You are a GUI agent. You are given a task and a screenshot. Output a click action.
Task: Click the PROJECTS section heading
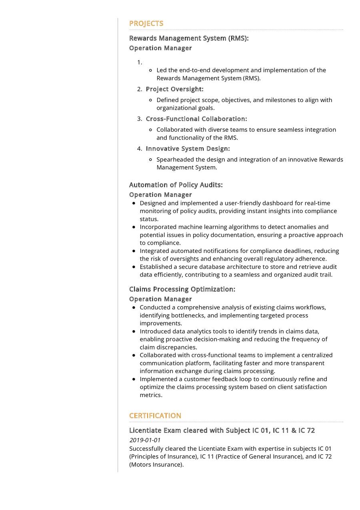point(146,24)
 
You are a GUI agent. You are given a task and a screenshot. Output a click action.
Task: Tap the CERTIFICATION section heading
point(155,416)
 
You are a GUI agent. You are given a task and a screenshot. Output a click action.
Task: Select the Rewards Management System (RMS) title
point(189,38)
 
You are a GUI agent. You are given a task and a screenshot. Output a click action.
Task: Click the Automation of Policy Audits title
point(176,185)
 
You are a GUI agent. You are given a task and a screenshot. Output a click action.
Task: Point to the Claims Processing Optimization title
point(182,289)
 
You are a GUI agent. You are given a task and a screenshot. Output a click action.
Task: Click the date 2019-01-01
point(145,440)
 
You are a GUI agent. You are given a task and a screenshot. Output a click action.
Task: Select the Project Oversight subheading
point(174,89)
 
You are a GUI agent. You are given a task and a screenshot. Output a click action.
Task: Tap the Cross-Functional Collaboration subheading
point(196,119)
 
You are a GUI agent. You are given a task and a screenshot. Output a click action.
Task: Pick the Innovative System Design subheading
point(188,149)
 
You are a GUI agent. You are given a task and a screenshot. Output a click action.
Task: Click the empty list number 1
point(140,62)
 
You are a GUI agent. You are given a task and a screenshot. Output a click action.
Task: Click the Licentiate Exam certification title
point(222,431)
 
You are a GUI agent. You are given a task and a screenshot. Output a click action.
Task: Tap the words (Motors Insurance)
point(156,465)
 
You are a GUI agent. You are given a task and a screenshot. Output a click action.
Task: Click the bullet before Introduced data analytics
point(134,331)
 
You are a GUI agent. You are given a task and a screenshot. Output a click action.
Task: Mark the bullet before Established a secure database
point(134,267)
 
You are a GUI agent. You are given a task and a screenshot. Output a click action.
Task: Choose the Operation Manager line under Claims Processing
point(160,299)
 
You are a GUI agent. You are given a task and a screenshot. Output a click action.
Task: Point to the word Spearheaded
point(175,160)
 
